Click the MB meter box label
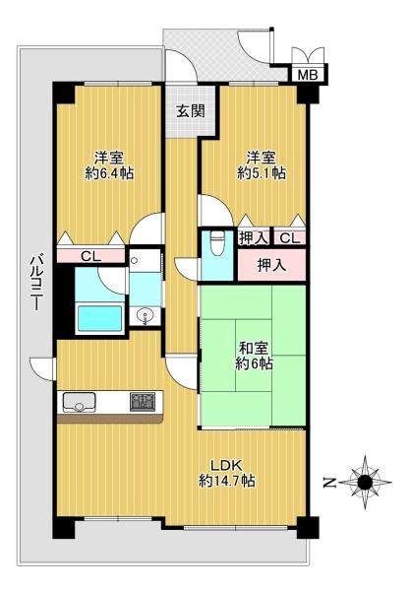point(308,74)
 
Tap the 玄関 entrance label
point(191,111)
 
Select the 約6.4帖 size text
point(109,173)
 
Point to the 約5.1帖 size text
point(261,173)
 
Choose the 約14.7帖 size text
point(227,481)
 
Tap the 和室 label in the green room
point(254,348)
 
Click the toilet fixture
point(216,244)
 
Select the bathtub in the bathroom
point(99,318)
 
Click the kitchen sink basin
point(79,402)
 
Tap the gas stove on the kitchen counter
point(143,402)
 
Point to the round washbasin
point(145,315)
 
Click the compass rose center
point(365,482)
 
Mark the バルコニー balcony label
point(36,283)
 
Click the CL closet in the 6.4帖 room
point(91,256)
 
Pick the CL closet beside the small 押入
point(289,237)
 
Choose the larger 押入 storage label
point(271,265)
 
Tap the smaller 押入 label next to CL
point(254,237)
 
